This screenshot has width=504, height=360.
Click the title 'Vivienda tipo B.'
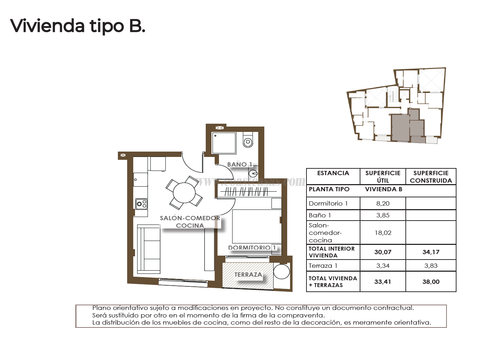pyautogui.click(x=78, y=26)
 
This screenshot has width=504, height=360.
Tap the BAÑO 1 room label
pyautogui.click(x=240, y=164)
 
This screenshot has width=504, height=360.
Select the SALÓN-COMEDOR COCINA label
pyautogui.click(x=190, y=222)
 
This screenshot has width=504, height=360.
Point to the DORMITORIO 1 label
pyautogui.click(x=252, y=248)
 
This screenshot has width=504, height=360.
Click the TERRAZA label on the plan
pyautogui.click(x=248, y=275)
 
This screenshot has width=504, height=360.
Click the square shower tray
pyautogui.click(x=224, y=143)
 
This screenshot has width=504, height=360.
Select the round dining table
pyautogui.click(x=184, y=193)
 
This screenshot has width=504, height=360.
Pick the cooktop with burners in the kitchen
pyautogui.click(x=141, y=204)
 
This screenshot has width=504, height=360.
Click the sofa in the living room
pyautogui.click(x=149, y=250)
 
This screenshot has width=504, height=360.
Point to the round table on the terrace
pyautogui.click(x=282, y=272)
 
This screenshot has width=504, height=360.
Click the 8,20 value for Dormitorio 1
pyautogui.click(x=383, y=203)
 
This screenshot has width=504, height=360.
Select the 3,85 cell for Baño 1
pyautogui.click(x=383, y=215)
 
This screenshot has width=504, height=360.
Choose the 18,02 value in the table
pyautogui.click(x=383, y=233)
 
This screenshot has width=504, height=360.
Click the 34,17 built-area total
pyautogui.click(x=431, y=252)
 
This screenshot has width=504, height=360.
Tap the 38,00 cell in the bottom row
pyautogui.click(x=431, y=282)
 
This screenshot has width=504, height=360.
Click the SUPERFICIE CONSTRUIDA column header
pyautogui.click(x=431, y=177)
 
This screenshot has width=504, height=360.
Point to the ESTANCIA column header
pyautogui.click(x=333, y=173)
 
